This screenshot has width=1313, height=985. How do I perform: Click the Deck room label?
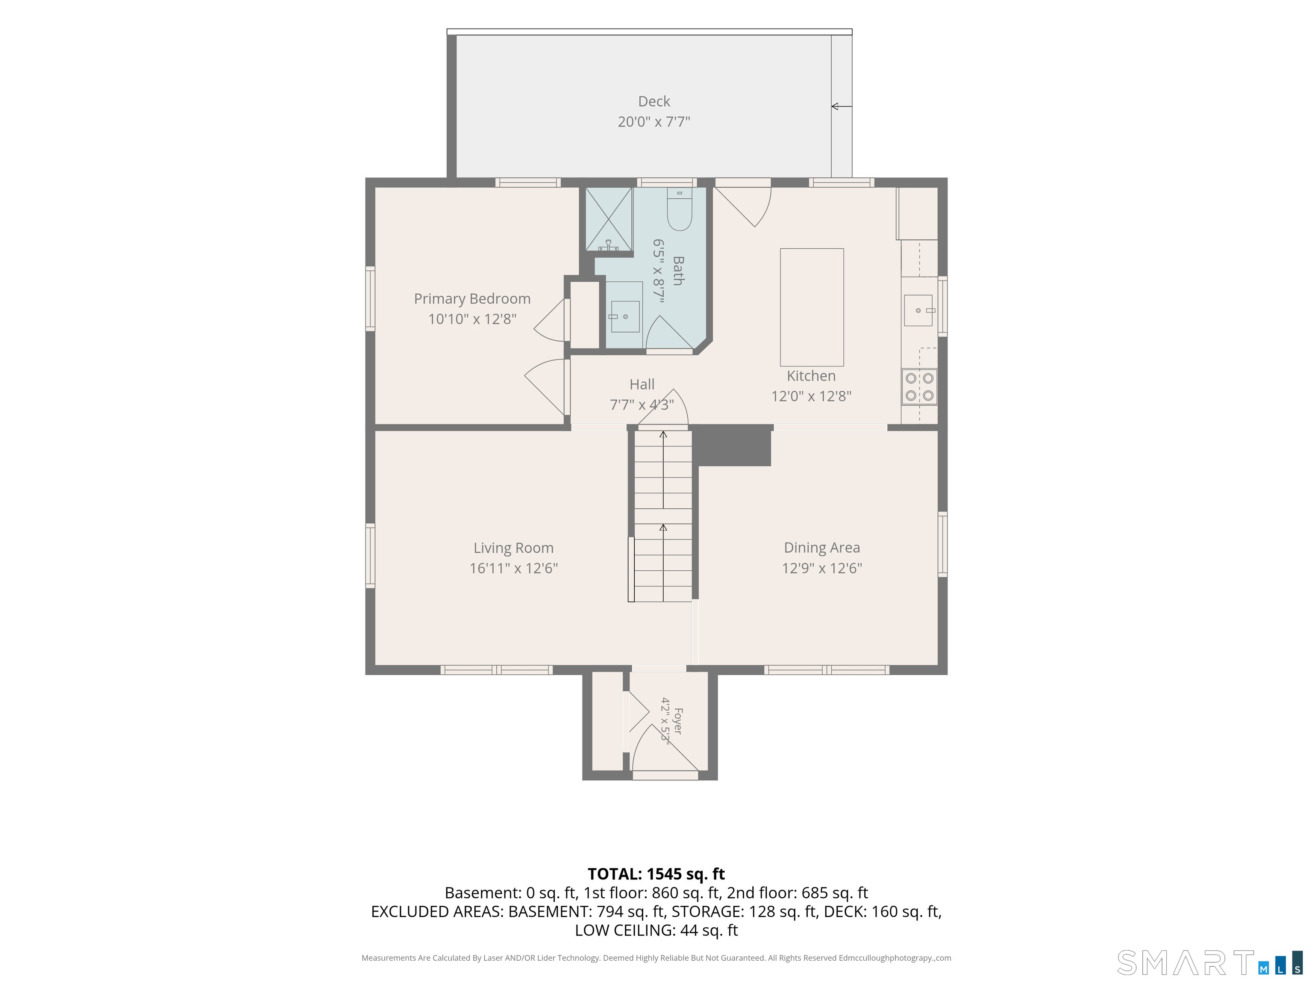point(654,101)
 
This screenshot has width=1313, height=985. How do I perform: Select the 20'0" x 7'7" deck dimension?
point(654,122)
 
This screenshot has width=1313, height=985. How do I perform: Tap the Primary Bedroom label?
point(472,299)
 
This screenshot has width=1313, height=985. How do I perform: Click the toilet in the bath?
point(680,209)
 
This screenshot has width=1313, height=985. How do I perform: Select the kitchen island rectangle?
point(811,307)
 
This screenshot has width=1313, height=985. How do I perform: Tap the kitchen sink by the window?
point(918,310)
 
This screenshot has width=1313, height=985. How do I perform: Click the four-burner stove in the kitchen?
point(919,387)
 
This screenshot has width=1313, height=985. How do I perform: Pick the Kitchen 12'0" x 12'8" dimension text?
point(811,396)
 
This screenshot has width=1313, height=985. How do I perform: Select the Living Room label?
point(513,548)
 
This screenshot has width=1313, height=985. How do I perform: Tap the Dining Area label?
point(821,547)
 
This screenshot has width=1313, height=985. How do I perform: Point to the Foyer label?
point(678,721)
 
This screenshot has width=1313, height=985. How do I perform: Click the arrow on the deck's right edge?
point(842,106)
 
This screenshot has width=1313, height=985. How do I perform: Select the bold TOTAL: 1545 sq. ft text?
point(656,874)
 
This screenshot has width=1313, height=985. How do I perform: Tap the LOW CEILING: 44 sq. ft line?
point(656,930)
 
